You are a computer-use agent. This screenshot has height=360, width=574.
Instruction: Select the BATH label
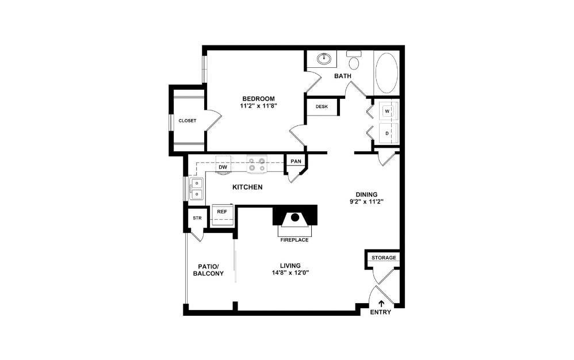pyautogui.click(x=343, y=76)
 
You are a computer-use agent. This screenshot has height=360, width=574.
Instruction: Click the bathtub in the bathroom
pyautogui.click(x=386, y=74)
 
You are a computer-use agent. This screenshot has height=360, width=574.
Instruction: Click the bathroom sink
pyautogui.click(x=324, y=59)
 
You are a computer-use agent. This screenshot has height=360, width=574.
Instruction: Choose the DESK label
pyautogui.click(x=322, y=106)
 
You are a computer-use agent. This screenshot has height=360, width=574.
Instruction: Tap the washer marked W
pyautogui.click(x=388, y=110)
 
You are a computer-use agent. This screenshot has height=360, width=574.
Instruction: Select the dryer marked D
pyautogui.click(x=388, y=133)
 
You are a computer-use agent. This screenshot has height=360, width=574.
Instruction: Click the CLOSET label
pyautogui.click(x=187, y=121)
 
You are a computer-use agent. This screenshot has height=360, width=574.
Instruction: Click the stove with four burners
pyautogui.click(x=257, y=164)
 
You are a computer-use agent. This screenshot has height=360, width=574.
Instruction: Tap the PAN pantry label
pyautogui.click(x=296, y=162)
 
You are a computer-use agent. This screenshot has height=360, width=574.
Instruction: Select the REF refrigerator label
pyautogui.click(x=221, y=212)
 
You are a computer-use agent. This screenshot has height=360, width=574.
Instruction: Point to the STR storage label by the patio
pyautogui.click(x=197, y=218)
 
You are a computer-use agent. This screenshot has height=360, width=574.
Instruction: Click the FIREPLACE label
pyautogui.click(x=294, y=240)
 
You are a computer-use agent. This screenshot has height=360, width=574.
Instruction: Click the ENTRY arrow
pyautogui.click(x=381, y=303)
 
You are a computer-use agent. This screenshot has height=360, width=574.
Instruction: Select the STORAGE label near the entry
pyautogui.click(x=384, y=258)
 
